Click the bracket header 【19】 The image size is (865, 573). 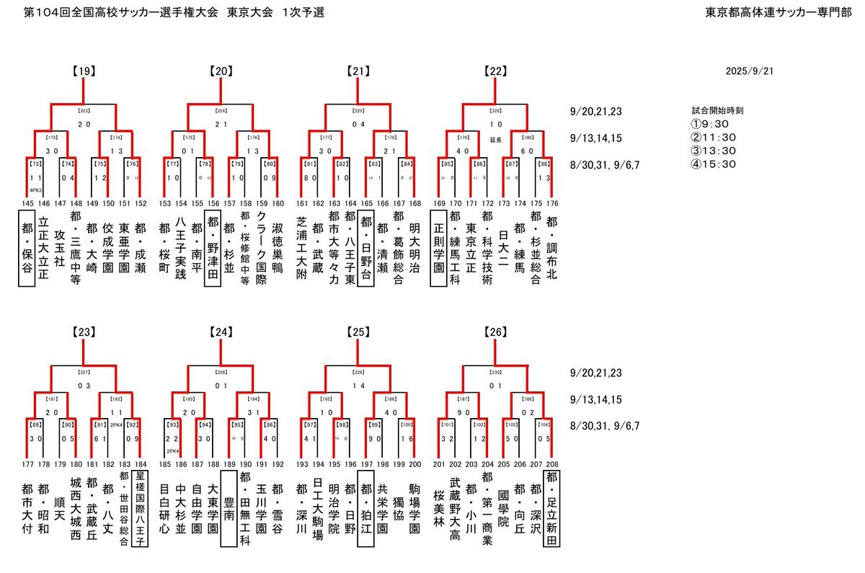[84, 71]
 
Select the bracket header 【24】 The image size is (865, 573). [221, 333]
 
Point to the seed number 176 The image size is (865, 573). [553, 204]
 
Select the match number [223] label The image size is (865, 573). [84, 112]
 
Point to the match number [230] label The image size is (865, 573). [496, 373]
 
